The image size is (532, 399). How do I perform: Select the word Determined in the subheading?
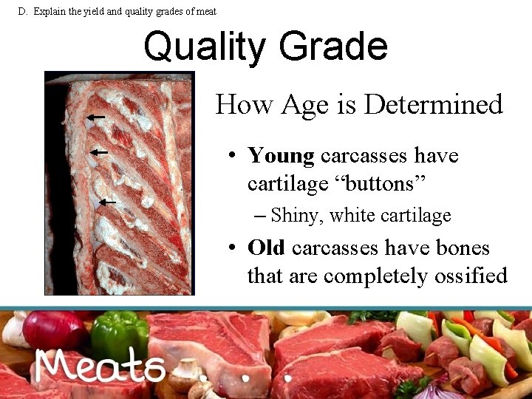(x=434, y=104)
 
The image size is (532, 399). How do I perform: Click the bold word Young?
(x=281, y=156)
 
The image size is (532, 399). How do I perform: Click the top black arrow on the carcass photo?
(x=95, y=117)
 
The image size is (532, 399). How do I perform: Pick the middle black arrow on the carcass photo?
(x=98, y=152)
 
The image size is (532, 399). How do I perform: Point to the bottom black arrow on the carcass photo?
(x=108, y=201)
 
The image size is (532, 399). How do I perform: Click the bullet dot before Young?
(x=232, y=156)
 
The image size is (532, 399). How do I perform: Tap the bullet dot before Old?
(x=232, y=248)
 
